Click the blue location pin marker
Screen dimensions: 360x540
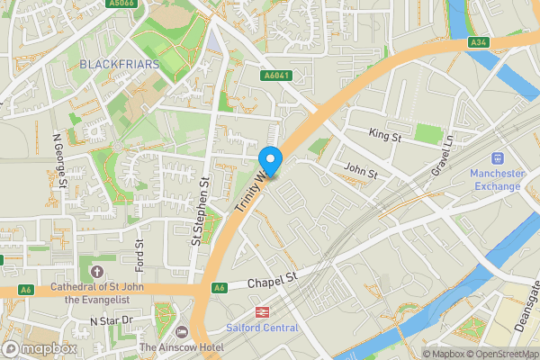[270, 159]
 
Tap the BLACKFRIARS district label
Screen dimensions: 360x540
[120, 64]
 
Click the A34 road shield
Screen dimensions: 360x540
[479, 42]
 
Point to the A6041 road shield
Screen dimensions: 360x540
[275, 76]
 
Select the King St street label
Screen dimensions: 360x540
[385, 133]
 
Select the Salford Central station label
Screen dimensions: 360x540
[262, 328]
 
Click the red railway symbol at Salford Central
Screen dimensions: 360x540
[262, 311]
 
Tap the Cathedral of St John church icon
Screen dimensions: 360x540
[97, 272]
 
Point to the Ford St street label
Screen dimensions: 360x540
[139, 254]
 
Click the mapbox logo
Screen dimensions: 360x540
[40, 348]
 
